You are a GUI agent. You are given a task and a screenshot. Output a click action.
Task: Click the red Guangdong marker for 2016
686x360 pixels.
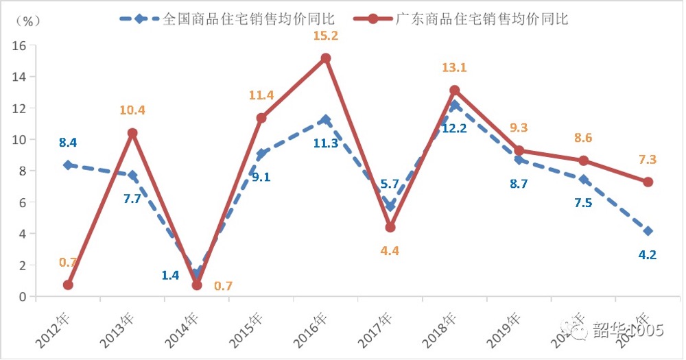(326, 58)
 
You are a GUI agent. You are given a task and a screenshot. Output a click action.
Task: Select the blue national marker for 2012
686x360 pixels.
(67, 165)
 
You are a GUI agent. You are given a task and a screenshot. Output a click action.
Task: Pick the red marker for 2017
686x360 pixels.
(390, 227)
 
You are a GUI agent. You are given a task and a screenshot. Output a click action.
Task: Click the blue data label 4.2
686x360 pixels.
(648, 255)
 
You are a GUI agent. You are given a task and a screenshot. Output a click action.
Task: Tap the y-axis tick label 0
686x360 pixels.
(23, 297)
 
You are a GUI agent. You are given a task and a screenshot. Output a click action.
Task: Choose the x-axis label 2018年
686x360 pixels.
(441, 328)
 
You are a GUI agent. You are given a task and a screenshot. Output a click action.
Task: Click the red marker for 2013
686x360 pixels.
(132, 133)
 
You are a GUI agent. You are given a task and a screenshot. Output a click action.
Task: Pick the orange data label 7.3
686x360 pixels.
(646, 159)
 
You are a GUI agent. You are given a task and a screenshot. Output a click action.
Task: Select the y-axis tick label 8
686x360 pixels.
(23, 171)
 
